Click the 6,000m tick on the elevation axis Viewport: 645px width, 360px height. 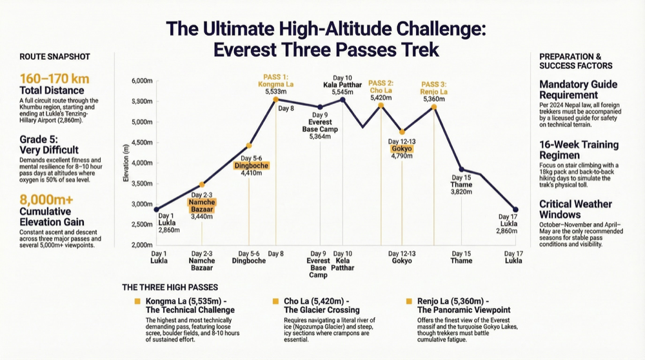click(142, 81)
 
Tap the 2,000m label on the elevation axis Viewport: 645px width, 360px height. click(142, 245)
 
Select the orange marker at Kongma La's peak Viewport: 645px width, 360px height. click(276, 99)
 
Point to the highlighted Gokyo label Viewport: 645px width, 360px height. click(401, 148)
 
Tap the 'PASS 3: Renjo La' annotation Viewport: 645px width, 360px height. click(433, 87)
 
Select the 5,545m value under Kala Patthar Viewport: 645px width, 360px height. click(342, 92)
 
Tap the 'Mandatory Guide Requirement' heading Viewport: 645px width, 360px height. click(578, 90)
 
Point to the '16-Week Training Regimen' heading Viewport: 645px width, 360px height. click(579, 150)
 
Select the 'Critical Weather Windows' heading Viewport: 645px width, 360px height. click(575, 210)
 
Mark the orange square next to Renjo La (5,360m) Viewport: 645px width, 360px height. click(409, 301)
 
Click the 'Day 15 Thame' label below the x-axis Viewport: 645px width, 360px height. click(461, 257)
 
